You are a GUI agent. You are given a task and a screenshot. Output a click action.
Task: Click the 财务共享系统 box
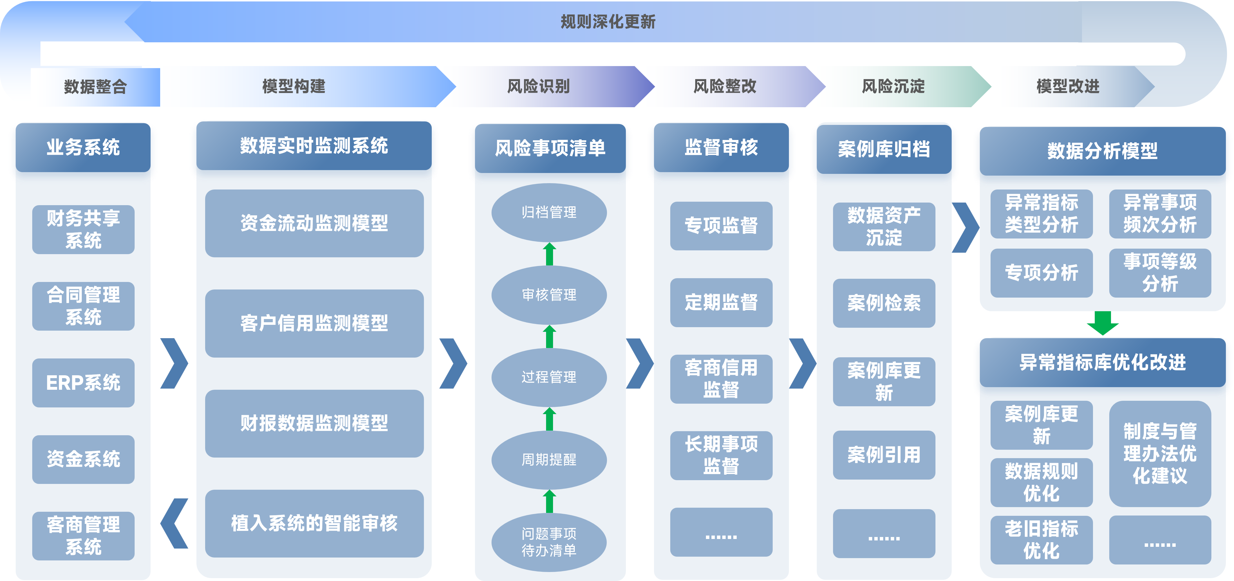tap(83, 229)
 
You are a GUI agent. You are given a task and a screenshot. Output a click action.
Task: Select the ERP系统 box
tap(83, 383)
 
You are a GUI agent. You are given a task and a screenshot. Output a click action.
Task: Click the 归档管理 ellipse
tap(549, 212)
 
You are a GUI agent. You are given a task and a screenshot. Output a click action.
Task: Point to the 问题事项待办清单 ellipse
tap(549, 542)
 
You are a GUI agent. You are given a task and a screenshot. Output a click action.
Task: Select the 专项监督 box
tap(721, 225)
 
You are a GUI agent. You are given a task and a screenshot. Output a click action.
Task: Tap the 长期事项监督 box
tap(721, 455)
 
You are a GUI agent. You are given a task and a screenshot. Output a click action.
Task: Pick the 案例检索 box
tap(884, 303)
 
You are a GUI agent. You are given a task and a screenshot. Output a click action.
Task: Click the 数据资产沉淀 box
tap(884, 226)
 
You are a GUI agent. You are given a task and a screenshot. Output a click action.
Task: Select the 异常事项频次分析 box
tap(1160, 214)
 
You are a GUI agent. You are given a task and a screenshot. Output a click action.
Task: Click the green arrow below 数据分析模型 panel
tap(1103, 323)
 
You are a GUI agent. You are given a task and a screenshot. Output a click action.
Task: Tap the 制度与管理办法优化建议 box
tap(1160, 453)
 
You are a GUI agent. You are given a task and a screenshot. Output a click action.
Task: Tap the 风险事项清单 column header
tap(550, 148)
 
